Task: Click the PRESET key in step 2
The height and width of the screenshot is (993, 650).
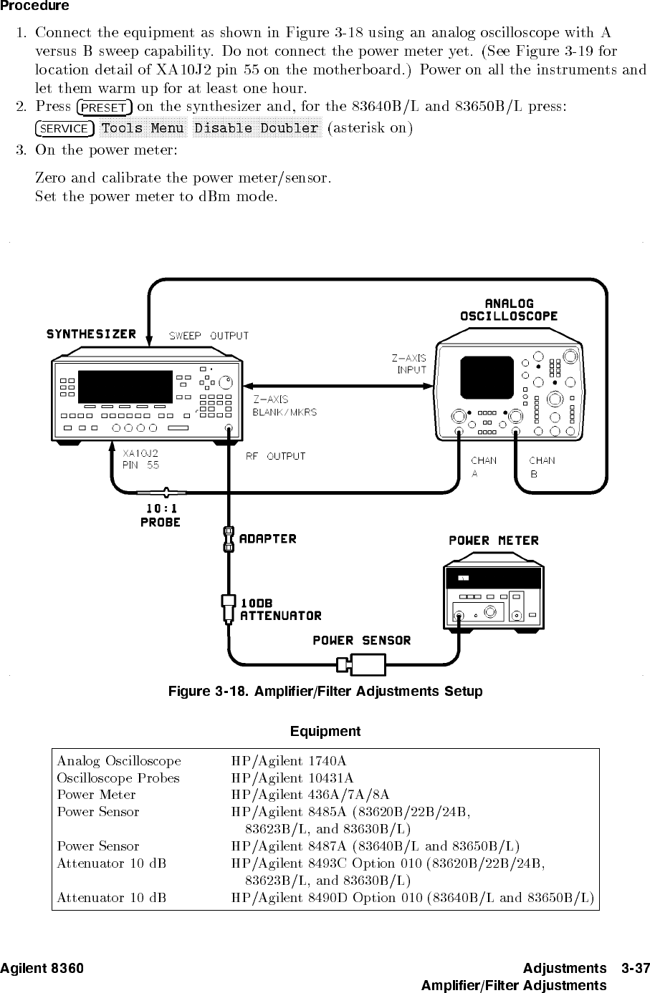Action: pyautogui.click(x=104, y=108)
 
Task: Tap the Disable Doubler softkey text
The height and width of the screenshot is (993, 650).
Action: pyautogui.click(x=257, y=128)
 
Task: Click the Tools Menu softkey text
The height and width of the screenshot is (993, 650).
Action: pyautogui.click(x=143, y=128)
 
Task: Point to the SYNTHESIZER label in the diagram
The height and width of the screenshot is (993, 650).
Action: pyautogui.click(x=91, y=334)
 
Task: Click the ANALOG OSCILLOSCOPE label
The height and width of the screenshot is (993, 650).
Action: pyautogui.click(x=509, y=309)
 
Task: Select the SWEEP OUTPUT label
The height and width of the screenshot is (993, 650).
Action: pyautogui.click(x=209, y=335)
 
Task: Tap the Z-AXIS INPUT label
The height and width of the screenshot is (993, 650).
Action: pyautogui.click(x=408, y=364)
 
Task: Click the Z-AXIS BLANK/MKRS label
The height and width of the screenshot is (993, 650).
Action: pyautogui.click(x=284, y=405)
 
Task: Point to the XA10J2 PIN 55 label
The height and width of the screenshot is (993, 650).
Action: pyautogui.click(x=140, y=459)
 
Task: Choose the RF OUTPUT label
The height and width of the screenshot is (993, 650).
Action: pyautogui.click(x=276, y=456)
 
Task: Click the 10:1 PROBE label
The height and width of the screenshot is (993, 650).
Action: pyautogui.click(x=161, y=515)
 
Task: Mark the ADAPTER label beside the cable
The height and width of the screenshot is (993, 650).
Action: pyautogui.click(x=267, y=538)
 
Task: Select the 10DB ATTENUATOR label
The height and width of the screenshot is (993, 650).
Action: pyautogui.click(x=280, y=609)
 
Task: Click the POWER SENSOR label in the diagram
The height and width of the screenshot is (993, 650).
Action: pyautogui.click(x=362, y=641)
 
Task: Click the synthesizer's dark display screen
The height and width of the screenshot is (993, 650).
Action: pyautogui.click(x=125, y=387)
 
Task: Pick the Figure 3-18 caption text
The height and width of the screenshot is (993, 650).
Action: pyautogui.click(x=325, y=692)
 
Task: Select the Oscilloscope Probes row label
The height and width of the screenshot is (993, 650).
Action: pyautogui.click(x=118, y=778)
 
